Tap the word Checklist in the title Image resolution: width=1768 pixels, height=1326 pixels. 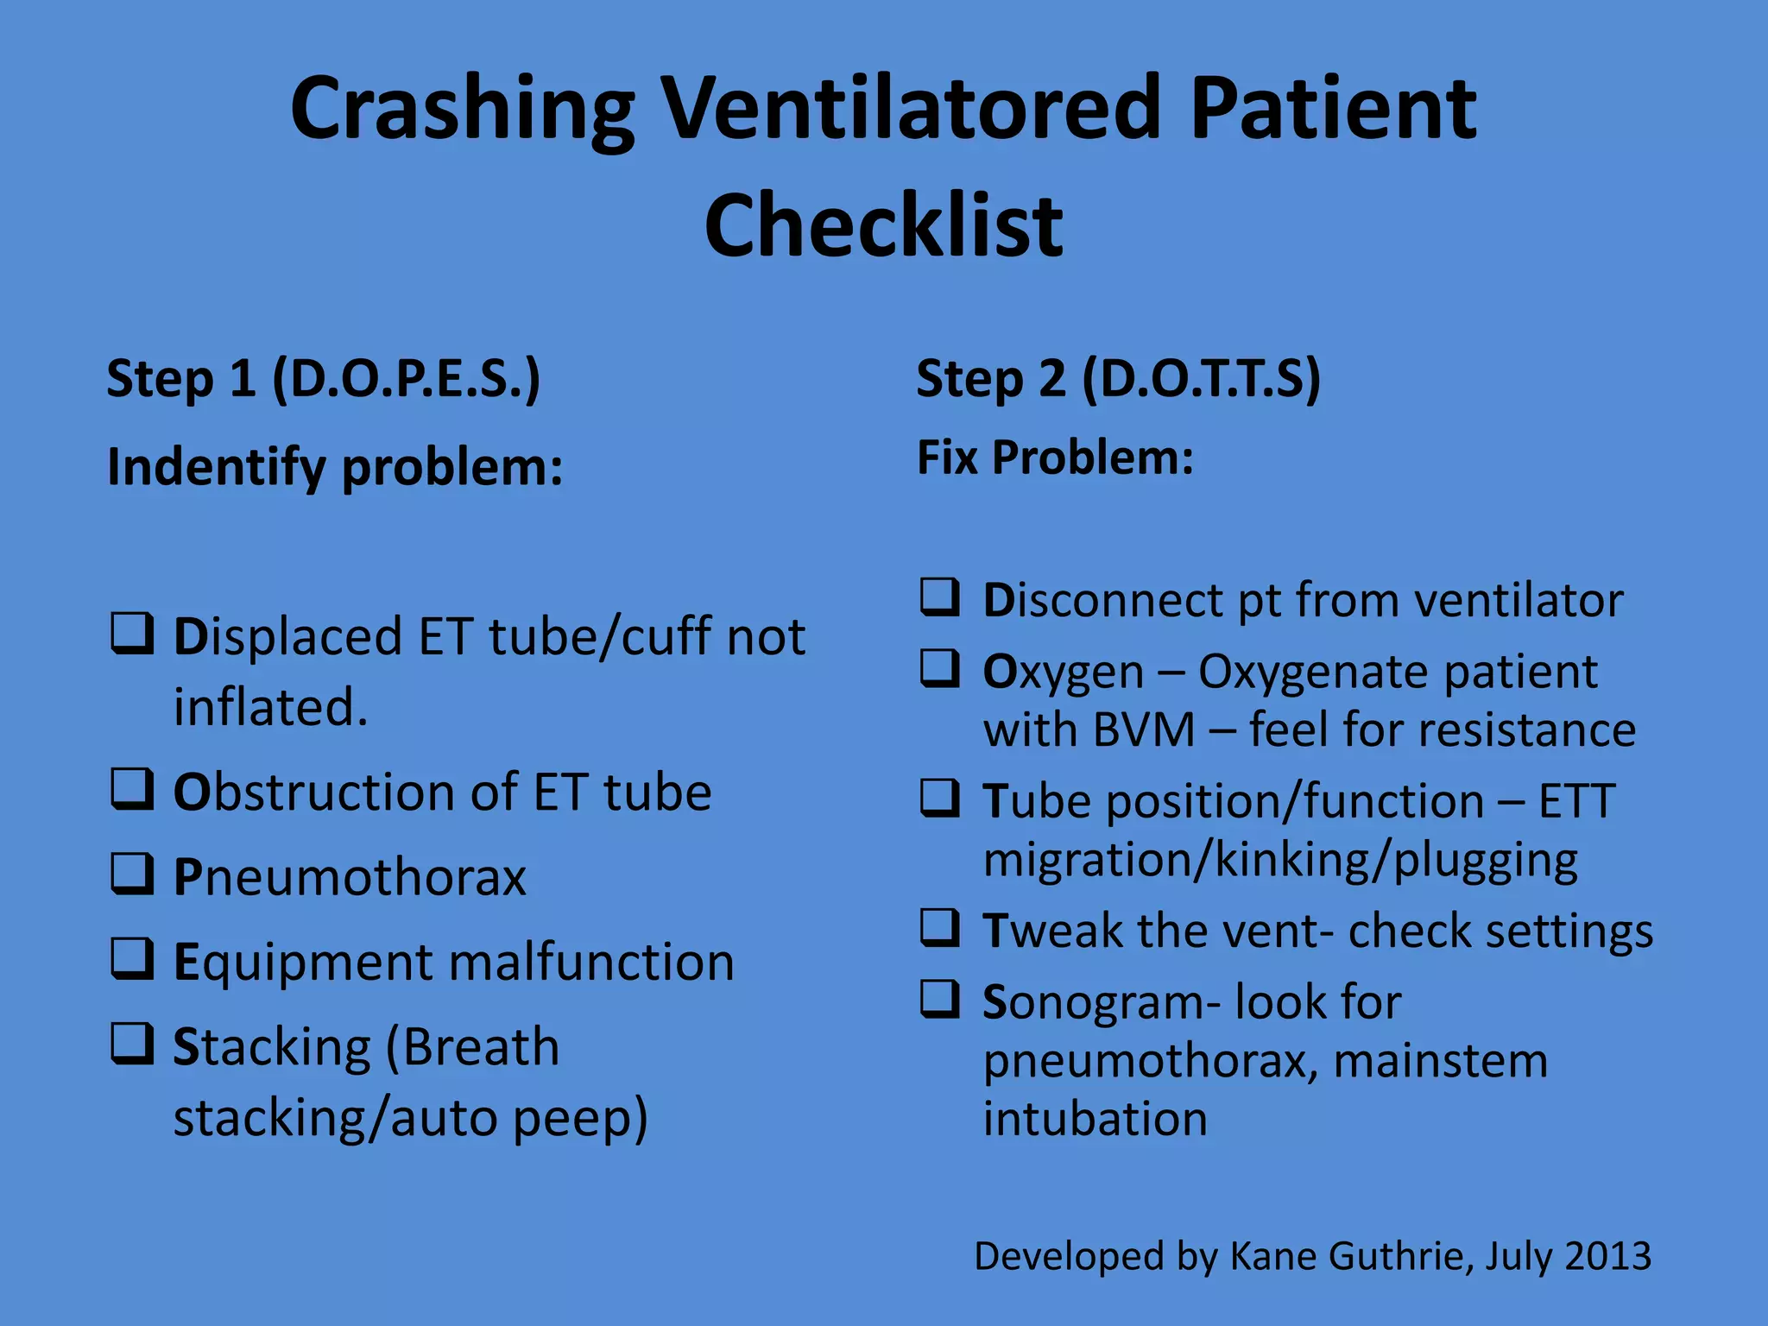[x=883, y=226]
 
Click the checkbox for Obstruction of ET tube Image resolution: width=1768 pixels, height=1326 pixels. [x=132, y=789]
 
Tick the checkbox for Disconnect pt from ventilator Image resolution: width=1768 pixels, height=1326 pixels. [x=940, y=597]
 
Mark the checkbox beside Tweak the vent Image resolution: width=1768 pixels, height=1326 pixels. [x=940, y=927]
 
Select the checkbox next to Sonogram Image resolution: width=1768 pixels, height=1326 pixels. [x=940, y=999]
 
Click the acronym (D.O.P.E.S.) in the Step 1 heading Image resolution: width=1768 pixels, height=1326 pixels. [x=407, y=379]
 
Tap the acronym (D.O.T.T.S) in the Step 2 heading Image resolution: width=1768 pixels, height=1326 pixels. [x=1201, y=379]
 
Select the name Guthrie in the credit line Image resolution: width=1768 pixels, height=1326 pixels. [x=1400, y=1256]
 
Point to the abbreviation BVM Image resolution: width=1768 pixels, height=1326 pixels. [x=1144, y=730]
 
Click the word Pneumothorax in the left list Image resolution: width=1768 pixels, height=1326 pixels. [x=350, y=877]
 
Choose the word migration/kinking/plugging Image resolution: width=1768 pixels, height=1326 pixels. [x=1280, y=861]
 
